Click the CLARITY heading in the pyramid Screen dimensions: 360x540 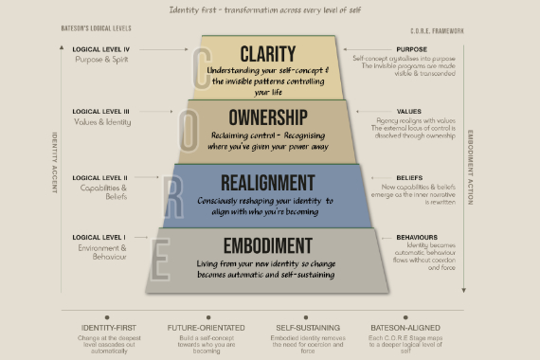point(268,53)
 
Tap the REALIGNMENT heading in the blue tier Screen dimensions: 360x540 point(267,180)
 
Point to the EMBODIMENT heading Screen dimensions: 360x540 point(267,243)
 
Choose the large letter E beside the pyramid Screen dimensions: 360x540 point(160,258)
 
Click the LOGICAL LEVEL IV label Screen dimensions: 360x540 point(100,48)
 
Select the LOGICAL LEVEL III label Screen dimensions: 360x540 point(100,112)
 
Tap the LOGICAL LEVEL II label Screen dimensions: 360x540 point(100,176)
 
